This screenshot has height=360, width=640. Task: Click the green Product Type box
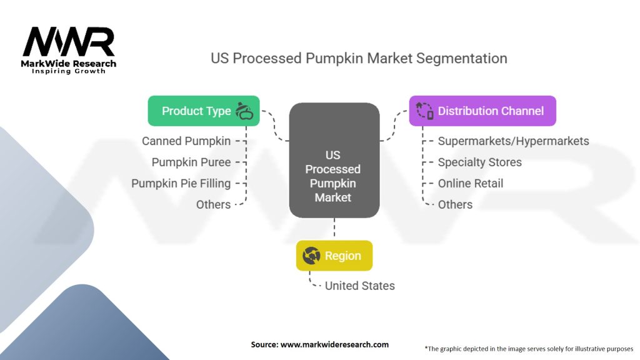pos(203,111)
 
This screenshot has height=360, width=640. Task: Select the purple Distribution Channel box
pos(482,111)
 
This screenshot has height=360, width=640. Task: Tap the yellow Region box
pos(334,256)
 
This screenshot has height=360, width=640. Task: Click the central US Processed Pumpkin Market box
pos(334,161)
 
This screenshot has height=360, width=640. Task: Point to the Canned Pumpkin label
pos(186,141)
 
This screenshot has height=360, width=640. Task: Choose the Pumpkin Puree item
pos(191,162)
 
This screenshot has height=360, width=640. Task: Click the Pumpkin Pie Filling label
pos(181,184)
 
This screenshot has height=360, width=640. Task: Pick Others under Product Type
pos(213,204)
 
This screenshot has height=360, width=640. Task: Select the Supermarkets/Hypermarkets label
pos(513,141)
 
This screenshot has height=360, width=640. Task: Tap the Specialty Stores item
pos(479,162)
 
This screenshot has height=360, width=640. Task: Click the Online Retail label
pos(470,184)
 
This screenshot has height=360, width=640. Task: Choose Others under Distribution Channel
pos(455,204)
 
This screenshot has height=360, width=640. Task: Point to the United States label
pos(359,286)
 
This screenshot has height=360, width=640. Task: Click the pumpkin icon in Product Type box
pos(245,111)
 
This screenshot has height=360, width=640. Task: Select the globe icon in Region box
pos(311,256)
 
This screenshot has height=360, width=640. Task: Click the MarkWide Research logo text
pos(69,64)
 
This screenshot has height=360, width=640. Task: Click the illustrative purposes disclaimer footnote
pos(529,348)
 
